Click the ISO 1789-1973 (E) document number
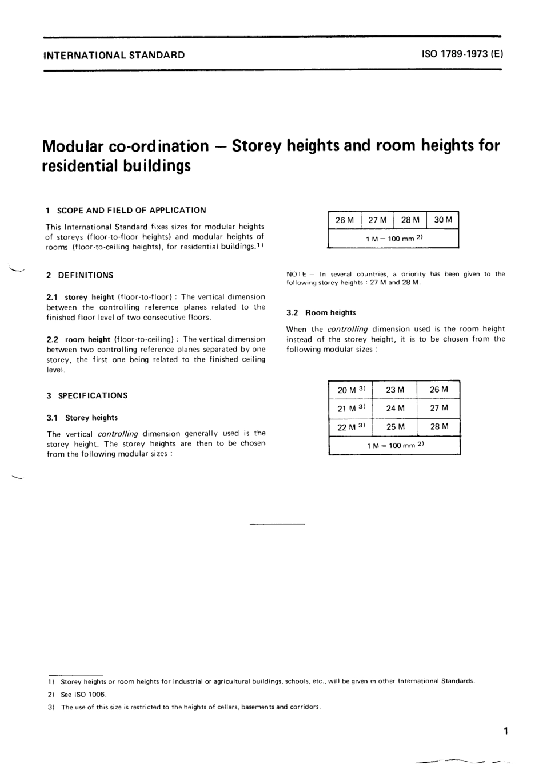pos(462,55)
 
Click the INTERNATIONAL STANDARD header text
pos(114,56)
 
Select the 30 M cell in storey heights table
pos(443,220)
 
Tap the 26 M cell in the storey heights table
pos(344,220)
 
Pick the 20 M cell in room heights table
pos(350,390)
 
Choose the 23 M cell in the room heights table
pos(395,390)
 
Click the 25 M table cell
pos(395,426)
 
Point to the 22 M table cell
pos(350,427)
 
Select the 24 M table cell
pos(395,408)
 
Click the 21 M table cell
pos(350,409)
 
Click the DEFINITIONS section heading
pos(86,275)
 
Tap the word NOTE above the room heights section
pos(296,274)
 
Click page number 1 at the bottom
pos(506,731)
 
